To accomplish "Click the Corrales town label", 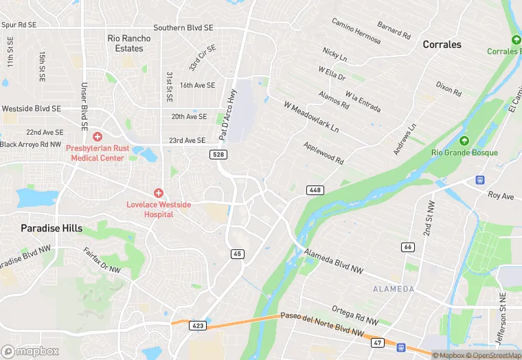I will (x=442, y=44).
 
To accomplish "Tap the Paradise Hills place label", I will (x=52, y=228).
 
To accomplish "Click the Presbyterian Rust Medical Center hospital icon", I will (x=98, y=137).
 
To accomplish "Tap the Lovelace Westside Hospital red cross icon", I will (x=159, y=194).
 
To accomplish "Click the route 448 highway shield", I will (x=315, y=190).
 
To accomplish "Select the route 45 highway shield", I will (x=237, y=254).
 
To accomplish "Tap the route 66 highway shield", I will (x=408, y=247).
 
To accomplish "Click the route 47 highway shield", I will (x=376, y=342).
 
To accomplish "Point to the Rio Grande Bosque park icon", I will (x=465, y=141).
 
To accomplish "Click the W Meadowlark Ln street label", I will (x=312, y=117).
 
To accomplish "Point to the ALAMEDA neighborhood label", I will (x=394, y=289).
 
